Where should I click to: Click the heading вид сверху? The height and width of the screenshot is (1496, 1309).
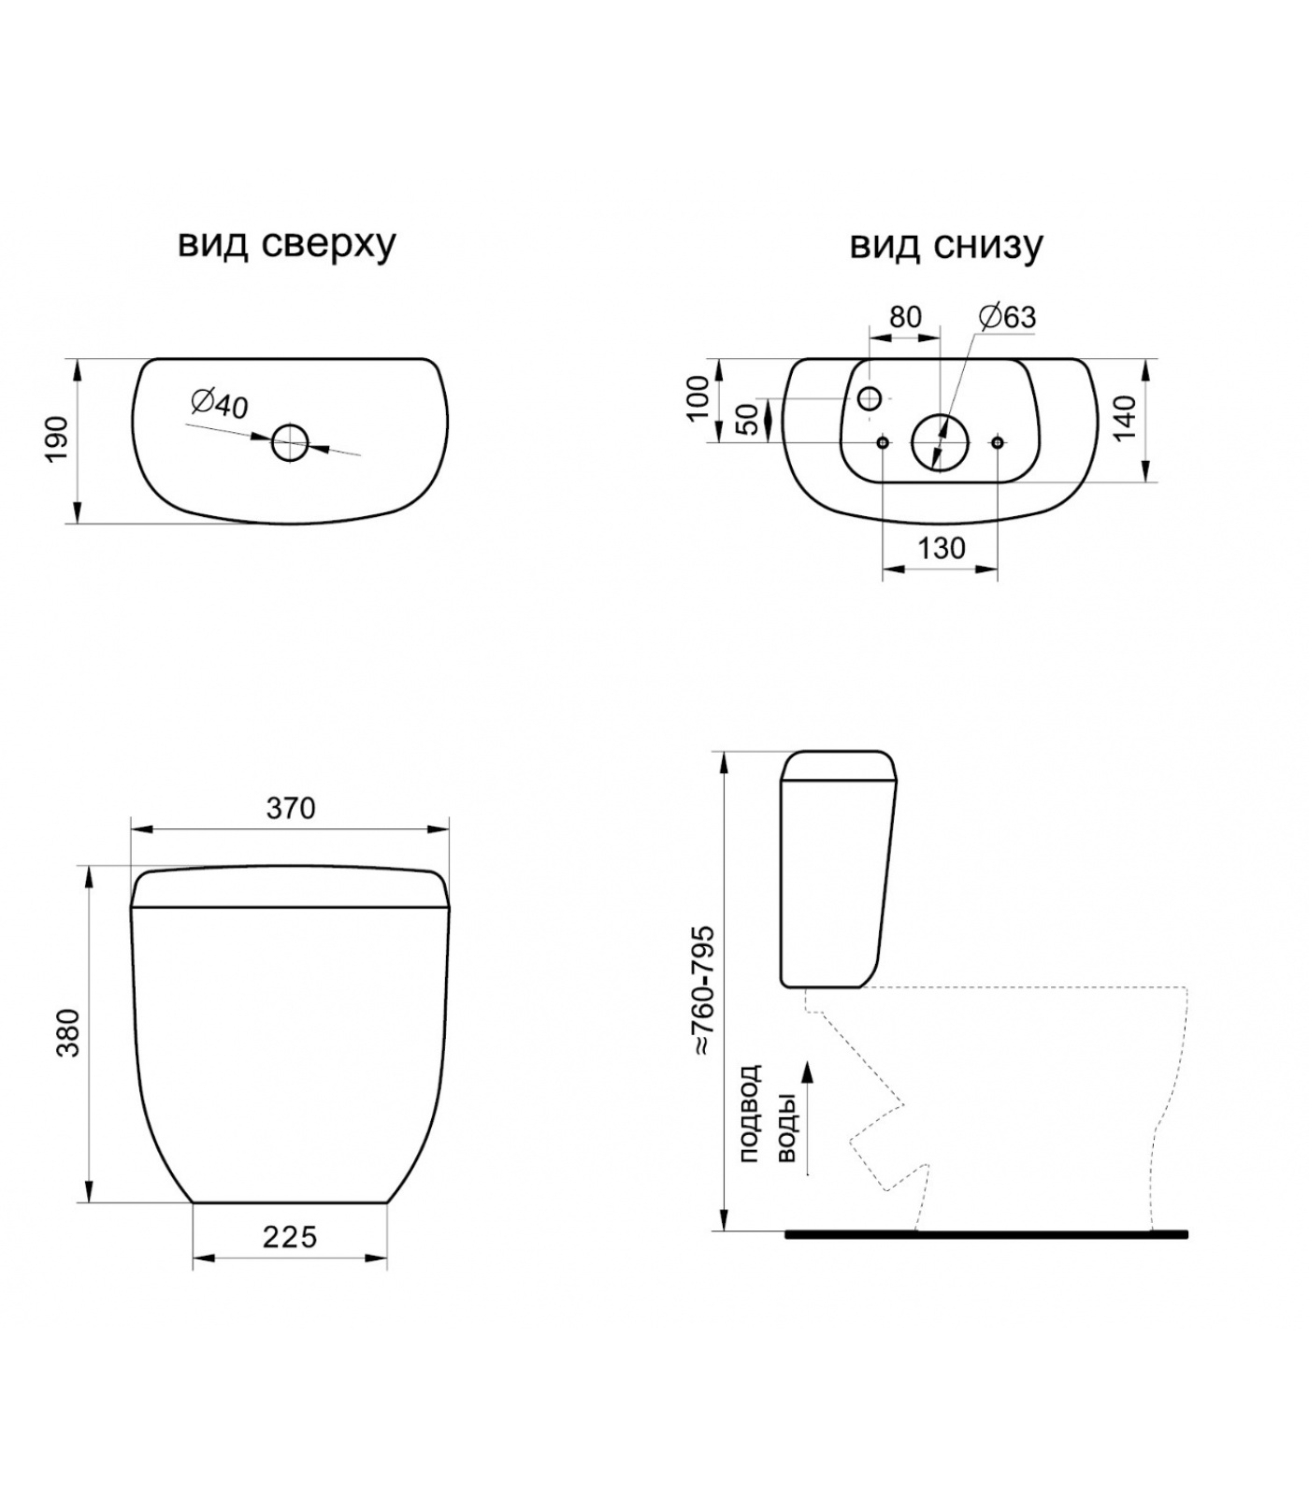pyautogui.click(x=287, y=245)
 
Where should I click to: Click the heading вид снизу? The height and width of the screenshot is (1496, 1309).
pyautogui.click(x=946, y=245)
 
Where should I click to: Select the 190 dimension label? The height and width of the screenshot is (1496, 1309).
pyautogui.click(x=58, y=439)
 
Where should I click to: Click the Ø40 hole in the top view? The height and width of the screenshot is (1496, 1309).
pyautogui.click(x=291, y=443)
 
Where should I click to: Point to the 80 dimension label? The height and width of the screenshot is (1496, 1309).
pyautogui.click(x=905, y=317)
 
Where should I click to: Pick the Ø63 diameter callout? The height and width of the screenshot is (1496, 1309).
pyautogui.click(x=1008, y=317)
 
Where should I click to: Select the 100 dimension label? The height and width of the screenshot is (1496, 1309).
pyautogui.click(x=698, y=398)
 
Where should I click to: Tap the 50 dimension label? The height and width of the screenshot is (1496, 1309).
pyautogui.click(x=748, y=420)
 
